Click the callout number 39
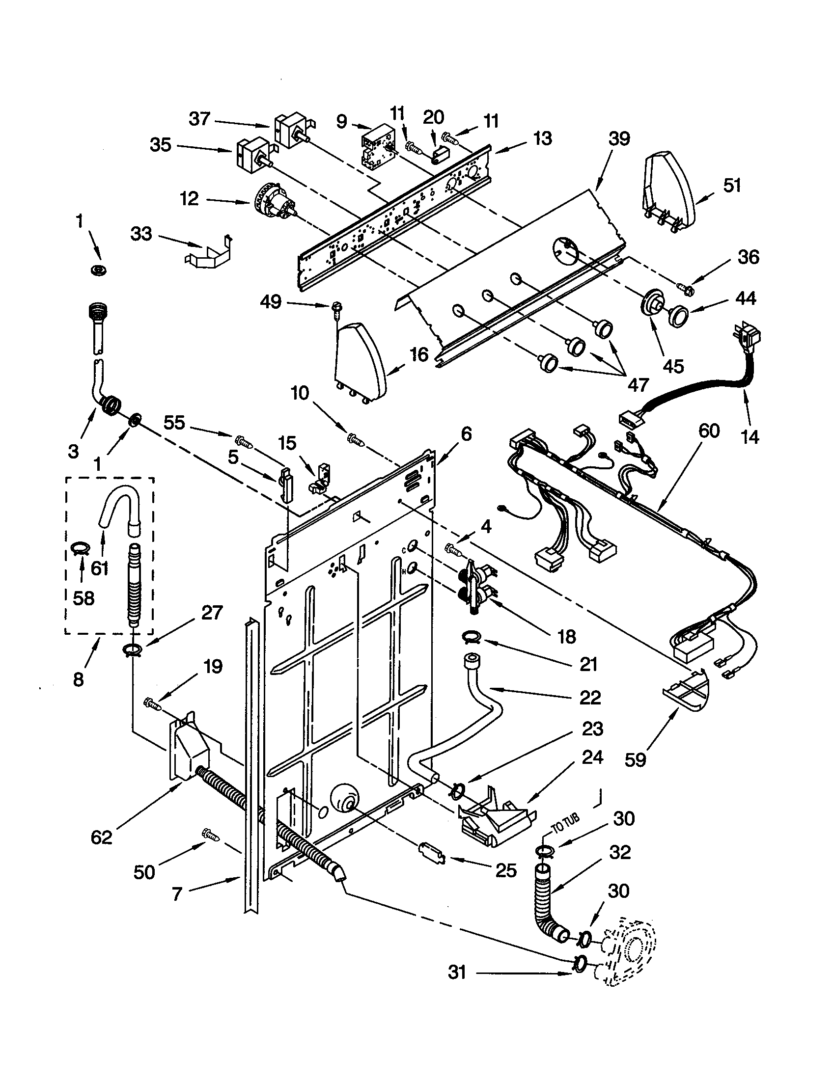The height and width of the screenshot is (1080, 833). [619, 139]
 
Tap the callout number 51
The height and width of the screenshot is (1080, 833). [732, 186]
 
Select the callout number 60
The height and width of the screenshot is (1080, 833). [709, 431]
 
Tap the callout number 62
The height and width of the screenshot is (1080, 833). [101, 837]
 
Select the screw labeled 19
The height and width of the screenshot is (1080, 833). [152, 703]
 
